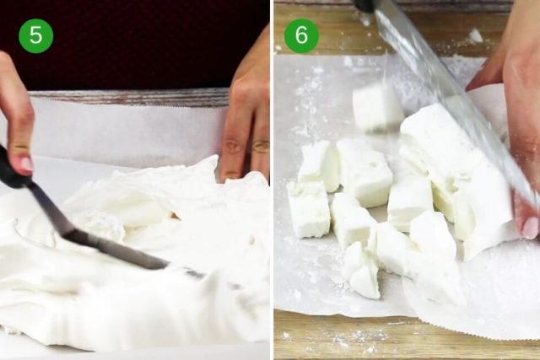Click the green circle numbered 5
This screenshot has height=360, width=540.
35,35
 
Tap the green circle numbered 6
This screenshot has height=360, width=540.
301,35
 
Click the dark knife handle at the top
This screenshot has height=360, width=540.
364,5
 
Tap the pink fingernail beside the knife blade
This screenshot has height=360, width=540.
529,226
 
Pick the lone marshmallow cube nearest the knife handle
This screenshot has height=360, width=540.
376,106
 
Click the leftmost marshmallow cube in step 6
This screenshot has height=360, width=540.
308,210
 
